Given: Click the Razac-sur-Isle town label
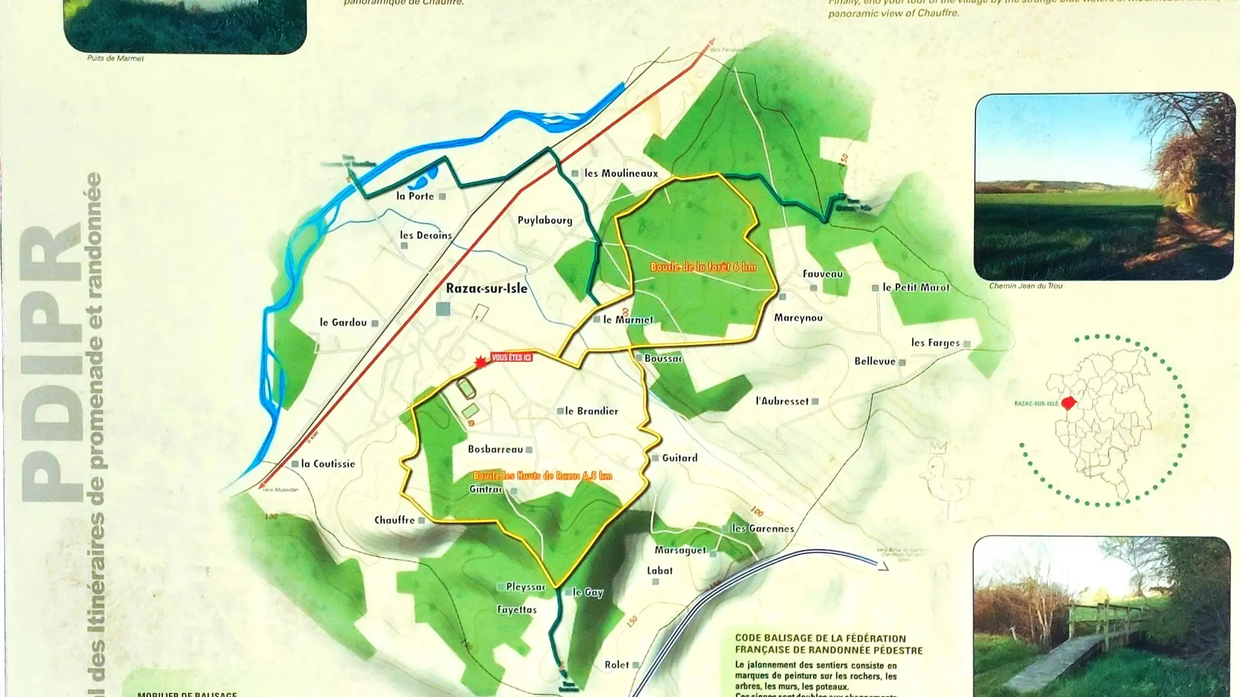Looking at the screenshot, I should tap(486, 288).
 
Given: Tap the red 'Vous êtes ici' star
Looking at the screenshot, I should tap(480, 363).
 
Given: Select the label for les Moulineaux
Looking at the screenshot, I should tap(621, 173).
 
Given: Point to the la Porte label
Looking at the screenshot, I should tap(415, 196).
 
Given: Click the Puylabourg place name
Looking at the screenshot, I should tap(544, 220).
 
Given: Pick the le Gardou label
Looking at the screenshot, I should tap(343, 322).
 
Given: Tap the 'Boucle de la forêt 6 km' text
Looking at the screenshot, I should tap(703, 267).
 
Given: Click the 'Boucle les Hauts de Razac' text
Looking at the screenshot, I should tap(542, 476).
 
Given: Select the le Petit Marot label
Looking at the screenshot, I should tap(916, 287).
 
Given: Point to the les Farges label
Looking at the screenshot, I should tap(935, 343).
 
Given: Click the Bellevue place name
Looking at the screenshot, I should tap(874, 361).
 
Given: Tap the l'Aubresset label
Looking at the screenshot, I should tap(781, 401).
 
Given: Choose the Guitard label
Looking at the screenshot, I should tap(679, 458).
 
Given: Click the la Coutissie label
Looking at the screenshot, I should tap(327, 463).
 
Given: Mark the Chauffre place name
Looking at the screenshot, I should tap(395, 520).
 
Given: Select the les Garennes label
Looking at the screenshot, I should tap(762, 528).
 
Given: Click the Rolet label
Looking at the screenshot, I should tap(617, 665).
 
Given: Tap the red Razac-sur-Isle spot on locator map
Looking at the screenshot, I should tap(1068, 403).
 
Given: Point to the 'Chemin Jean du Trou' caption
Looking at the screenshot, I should tap(1026, 286).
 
